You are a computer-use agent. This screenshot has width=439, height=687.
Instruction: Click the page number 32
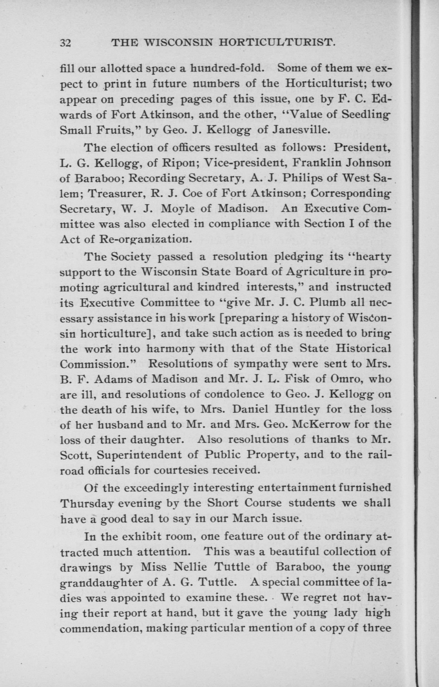click(65, 43)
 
